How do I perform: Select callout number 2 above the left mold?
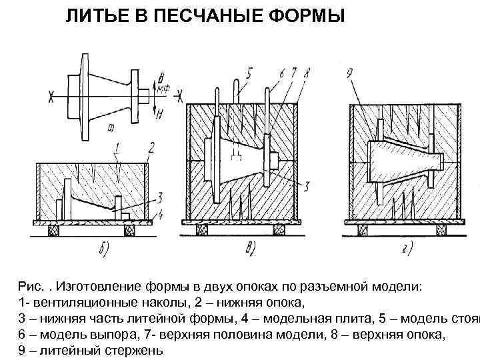[x=153, y=147]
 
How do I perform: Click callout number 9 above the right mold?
[x=351, y=71]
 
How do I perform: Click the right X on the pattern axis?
[x=179, y=97]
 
